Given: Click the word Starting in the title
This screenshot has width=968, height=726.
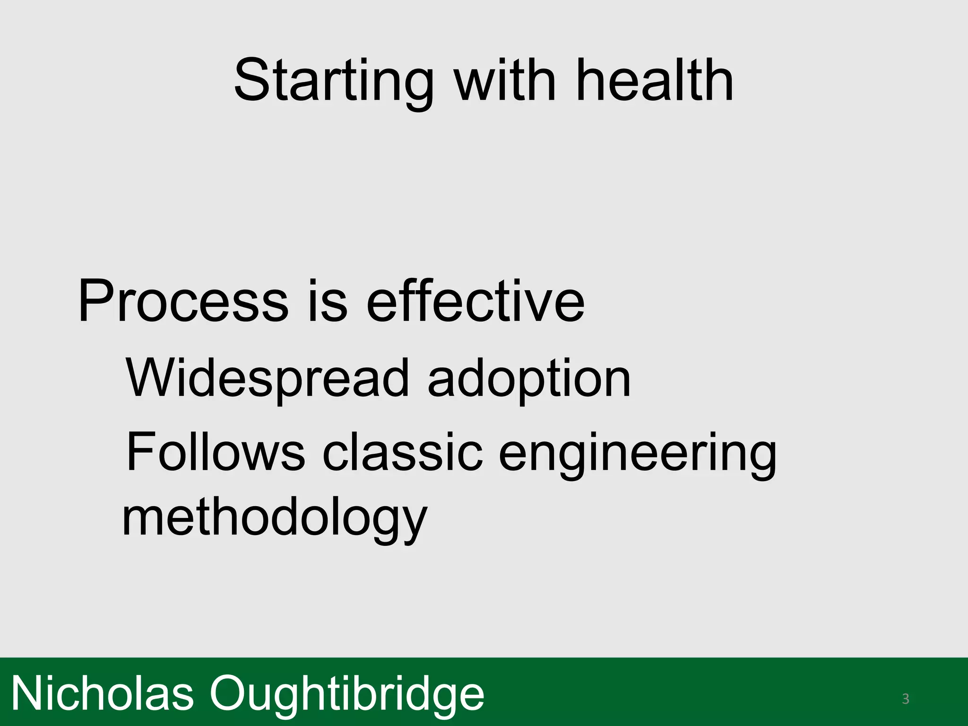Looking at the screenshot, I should pos(333,81).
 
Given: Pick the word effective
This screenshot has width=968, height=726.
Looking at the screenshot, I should pos(475,301).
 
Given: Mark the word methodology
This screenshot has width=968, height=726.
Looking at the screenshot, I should pos(275,519).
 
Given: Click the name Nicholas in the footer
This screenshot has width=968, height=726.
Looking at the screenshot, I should pos(102,693).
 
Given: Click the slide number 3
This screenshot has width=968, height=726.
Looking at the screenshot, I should pos(905,699).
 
